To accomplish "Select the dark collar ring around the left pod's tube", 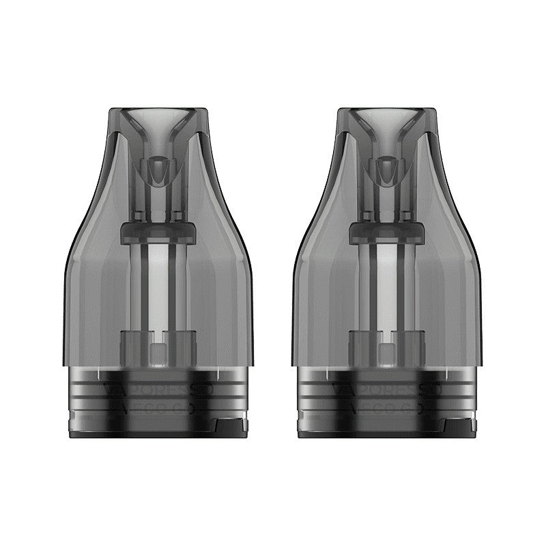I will pos(158,232).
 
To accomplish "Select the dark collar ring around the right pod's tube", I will pos(387,232).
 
